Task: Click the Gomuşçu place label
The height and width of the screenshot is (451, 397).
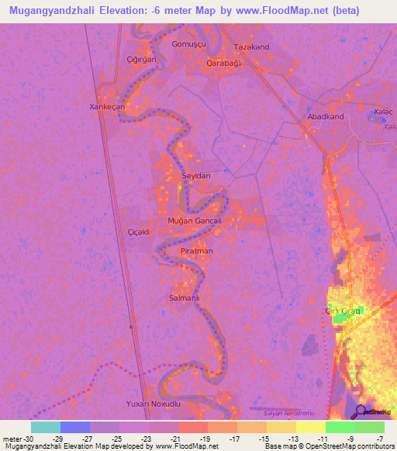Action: pyautogui.click(x=188, y=44)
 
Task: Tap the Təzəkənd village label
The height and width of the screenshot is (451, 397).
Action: pyautogui.click(x=252, y=47)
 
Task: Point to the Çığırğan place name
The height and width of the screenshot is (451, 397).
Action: pyautogui.click(x=141, y=59)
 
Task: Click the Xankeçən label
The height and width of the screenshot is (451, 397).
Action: pyautogui.click(x=107, y=107)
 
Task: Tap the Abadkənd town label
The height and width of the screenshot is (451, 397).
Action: pyautogui.click(x=326, y=116)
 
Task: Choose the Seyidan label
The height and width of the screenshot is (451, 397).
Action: pyautogui.click(x=195, y=176)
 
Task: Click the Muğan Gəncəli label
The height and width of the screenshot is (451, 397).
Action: pyautogui.click(x=195, y=221)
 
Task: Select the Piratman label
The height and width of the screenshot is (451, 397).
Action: pyautogui.click(x=196, y=251)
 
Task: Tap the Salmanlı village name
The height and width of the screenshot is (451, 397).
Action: pyautogui.click(x=185, y=298)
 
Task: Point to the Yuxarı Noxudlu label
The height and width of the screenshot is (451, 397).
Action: pyautogui.click(x=153, y=405)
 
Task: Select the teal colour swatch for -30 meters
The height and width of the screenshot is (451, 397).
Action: pyautogui.click(x=45, y=427)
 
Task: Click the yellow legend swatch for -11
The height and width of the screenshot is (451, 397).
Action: pyautogui.click(x=310, y=427)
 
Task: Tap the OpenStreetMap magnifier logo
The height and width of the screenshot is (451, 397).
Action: pyautogui.click(x=361, y=411)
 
